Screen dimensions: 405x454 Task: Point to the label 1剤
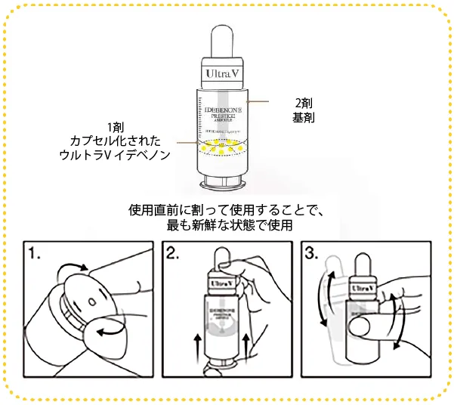click(116, 126)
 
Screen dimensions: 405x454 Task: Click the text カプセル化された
click(116, 140)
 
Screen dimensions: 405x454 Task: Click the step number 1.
click(36, 253)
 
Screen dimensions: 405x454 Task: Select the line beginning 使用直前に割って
click(227, 209)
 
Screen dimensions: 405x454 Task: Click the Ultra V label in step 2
click(220, 283)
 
